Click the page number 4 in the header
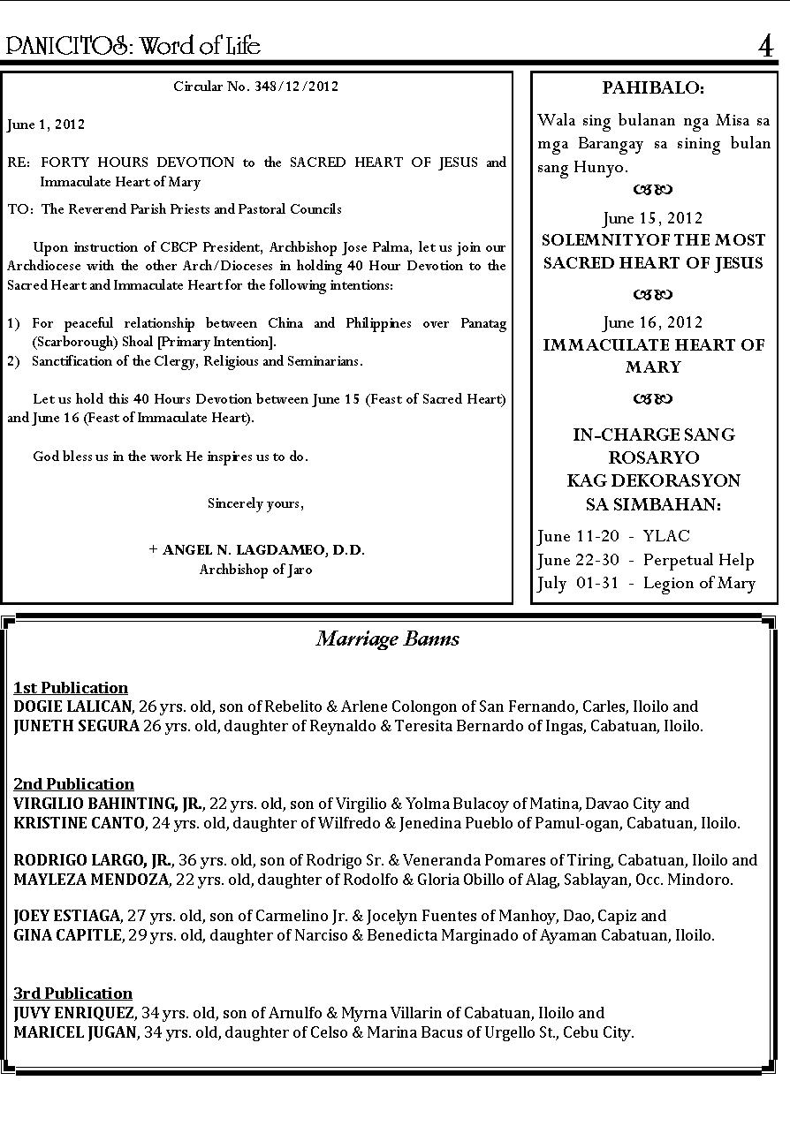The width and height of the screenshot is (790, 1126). pyautogui.click(x=766, y=46)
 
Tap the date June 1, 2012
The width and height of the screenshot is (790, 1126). pyautogui.click(x=46, y=125)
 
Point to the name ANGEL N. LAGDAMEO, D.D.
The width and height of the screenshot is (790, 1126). pyautogui.click(x=262, y=549)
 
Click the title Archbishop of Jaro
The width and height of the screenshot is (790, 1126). pyautogui.click(x=255, y=570)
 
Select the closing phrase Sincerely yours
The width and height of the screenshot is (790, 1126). pyautogui.click(x=255, y=503)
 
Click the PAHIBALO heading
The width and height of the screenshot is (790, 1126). pyautogui.click(x=653, y=88)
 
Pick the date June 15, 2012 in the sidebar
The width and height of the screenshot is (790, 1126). pyautogui.click(x=653, y=218)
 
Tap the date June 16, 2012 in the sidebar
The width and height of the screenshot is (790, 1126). pyautogui.click(x=653, y=322)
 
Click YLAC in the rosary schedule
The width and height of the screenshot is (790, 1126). pyautogui.click(x=666, y=536)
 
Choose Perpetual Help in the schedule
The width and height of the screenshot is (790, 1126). pyautogui.click(x=698, y=560)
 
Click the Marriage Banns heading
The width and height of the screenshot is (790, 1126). pyautogui.click(x=388, y=639)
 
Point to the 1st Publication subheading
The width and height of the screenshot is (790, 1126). pyautogui.click(x=71, y=688)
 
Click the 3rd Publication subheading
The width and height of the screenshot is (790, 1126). pyautogui.click(x=72, y=994)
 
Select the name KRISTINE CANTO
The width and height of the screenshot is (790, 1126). pyautogui.click(x=79, y=823)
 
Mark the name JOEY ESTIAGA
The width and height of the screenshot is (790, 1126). pyautogui.click(x=66, y=916)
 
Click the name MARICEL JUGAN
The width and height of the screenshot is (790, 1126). pyautogui.click(x=75, y=1032)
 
